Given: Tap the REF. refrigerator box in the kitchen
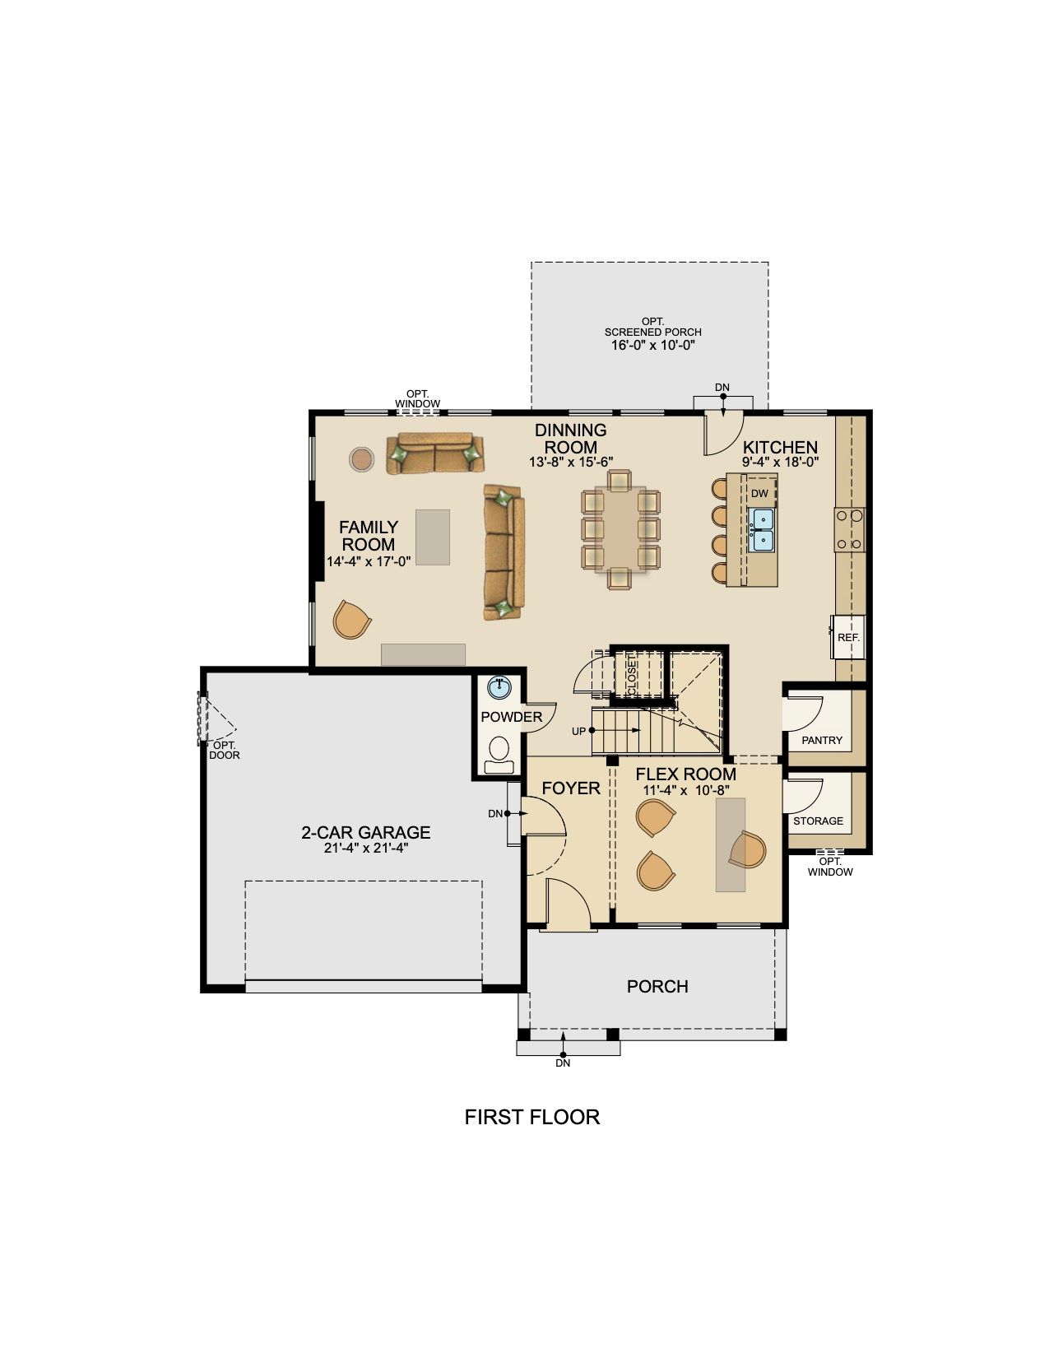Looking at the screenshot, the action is click(x=847, y=637).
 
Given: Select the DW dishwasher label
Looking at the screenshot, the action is click(x=759, y=493).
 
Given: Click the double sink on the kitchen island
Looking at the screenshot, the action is click(x=762, y=530).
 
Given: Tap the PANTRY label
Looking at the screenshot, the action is click(x=822, y=740).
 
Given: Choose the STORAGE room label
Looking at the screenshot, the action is click(x=818, y=821).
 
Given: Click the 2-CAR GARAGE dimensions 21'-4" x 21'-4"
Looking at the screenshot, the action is click(x=366, y=848).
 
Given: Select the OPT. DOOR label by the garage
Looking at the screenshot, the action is click(x=225, y=750).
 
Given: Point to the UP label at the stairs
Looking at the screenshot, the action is click(x=578, y=731).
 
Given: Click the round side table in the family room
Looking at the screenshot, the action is click(x=362, y=459).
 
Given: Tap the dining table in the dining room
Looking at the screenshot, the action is click(x=620, y=530).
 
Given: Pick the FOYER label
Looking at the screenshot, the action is click(x=571, y=788).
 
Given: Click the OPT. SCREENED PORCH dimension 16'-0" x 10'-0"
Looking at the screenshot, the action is click(x=653, y=345).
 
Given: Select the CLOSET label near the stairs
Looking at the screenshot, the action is click(x=632, y=674).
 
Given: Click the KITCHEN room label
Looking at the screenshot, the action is click(x=780, y=447).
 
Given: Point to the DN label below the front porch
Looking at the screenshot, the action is click(x=563, y=1063).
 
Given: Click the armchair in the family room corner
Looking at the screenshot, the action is click(x=352, y=619).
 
